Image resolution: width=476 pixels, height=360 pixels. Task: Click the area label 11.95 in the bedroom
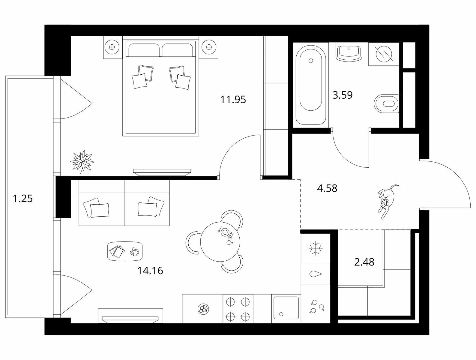coord(233,100)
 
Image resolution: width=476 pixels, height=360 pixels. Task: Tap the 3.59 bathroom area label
coord(343,95)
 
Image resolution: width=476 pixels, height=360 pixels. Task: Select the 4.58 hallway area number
coord(327,188)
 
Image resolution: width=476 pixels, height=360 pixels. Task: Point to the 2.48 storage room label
coord(364,262)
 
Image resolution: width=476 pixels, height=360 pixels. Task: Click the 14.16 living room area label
coord(150,271)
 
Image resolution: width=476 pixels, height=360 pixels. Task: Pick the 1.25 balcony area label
coord(23,198)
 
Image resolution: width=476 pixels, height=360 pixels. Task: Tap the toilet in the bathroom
coord(387,104)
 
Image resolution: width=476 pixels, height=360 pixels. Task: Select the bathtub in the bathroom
coord(311,85)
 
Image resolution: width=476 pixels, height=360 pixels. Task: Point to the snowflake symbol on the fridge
coord(316,248)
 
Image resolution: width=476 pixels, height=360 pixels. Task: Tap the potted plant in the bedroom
coord(82,162)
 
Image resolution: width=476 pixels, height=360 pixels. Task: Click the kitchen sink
coord(286,308)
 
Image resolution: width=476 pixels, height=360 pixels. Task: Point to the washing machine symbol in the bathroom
coord(384,54)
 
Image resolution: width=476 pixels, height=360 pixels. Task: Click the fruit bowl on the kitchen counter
coord(203,309)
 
